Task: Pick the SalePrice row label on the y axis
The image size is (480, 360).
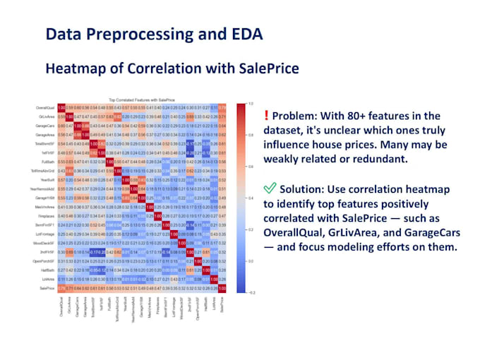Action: (47, 289)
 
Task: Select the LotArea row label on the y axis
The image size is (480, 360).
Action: (48, 280)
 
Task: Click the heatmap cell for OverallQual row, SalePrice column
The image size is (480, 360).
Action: (224, 107)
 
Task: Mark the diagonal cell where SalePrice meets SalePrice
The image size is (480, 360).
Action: (224, 289)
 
